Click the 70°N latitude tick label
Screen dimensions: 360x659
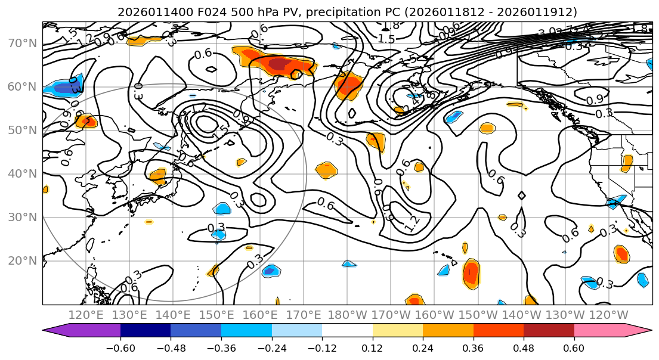click(x=23, y=44)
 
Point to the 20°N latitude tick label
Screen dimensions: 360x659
click(x=23, y=261)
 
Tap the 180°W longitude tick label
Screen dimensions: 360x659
click(x=347, y=315)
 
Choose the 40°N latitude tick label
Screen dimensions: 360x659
click(x=23, y=174)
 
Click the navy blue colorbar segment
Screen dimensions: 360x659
click(x=146, y=331)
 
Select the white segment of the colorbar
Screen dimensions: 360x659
click(x=347, y=331)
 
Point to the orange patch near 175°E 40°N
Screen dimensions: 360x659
click(x=326, y=170)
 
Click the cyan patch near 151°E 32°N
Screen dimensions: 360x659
click(x=222, y=209)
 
